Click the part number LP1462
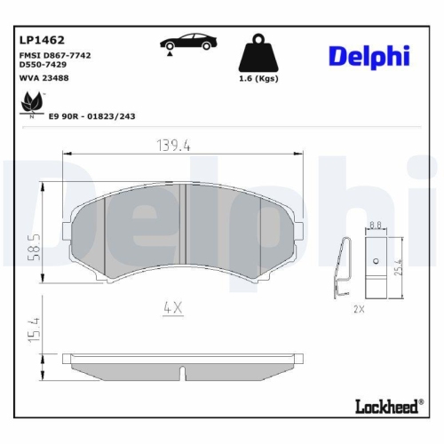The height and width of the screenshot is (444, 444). click(x=40, y=40)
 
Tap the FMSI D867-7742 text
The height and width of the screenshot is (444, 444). click(x=54, y=55)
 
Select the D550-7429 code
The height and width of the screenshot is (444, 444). click(x=42, y=65)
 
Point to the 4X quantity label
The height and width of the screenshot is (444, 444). click(x=173, y=308)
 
